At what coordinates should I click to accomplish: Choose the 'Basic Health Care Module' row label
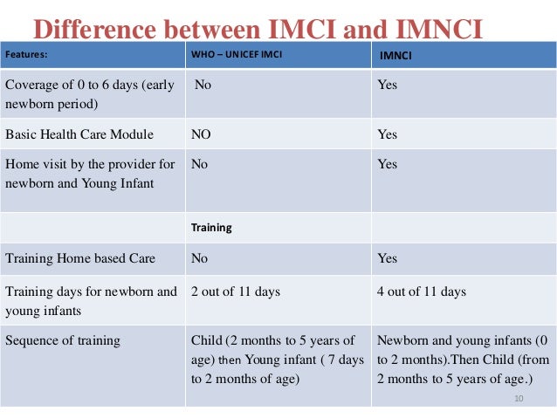(x=79, y=134)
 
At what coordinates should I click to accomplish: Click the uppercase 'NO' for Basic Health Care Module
(x=202, y=134)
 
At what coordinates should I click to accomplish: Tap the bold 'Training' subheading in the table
(x=211, y=227)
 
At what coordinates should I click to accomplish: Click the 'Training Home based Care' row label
(x=80, y=258)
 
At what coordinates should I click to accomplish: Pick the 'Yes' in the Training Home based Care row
(x=387, y=258)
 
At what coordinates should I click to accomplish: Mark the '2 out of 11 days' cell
(x=236, y=291)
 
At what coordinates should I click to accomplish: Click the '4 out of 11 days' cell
(x=422, y=291)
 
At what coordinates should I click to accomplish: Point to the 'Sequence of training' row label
(x=63, y=340)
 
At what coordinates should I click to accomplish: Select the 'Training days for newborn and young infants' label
(x=91, y=300)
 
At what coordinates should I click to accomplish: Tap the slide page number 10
(x=519, y=398)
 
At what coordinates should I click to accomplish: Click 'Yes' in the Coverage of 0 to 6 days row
(x=387, y=86)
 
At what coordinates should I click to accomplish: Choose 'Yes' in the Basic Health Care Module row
(x=387, y=134)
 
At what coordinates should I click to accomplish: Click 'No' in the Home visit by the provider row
(x=200, y=164)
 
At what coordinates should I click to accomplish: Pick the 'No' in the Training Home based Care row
(x=200, y=258)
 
